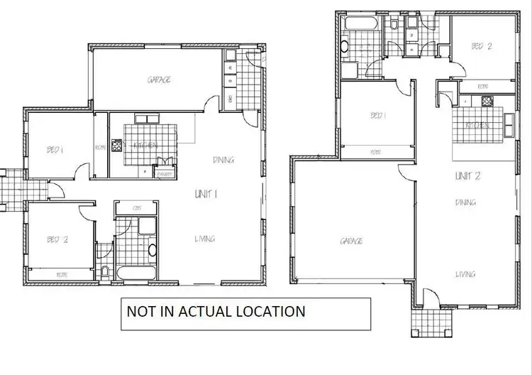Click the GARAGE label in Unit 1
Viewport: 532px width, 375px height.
(x=159, y=80)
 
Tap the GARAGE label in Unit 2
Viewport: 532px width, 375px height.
(x=351, y=241)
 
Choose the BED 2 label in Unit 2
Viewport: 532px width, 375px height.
(x=482, y=46)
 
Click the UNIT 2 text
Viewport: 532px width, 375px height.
(x=469, y=175)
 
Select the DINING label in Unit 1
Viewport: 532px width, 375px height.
(x=223, y=160)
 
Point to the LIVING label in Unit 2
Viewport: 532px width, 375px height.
(x=465, y=274)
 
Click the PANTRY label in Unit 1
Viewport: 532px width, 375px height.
(x=165, y=173)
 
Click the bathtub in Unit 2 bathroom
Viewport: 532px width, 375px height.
(x=354, y=25)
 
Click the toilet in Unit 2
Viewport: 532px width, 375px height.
(x=394, y=27)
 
